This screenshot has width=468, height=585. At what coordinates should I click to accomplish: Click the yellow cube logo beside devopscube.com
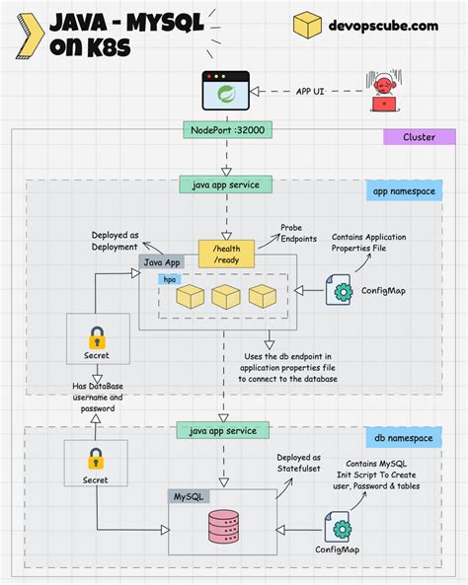[308, 25]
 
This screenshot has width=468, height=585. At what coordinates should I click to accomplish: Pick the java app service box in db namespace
[222, 430]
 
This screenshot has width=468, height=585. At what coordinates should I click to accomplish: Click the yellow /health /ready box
[226, 254]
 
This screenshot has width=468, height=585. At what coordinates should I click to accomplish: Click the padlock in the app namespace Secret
[96, 336]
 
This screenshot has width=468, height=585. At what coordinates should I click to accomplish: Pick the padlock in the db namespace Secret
[96, 459]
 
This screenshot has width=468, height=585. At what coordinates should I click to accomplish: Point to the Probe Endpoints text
[297, 234]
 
